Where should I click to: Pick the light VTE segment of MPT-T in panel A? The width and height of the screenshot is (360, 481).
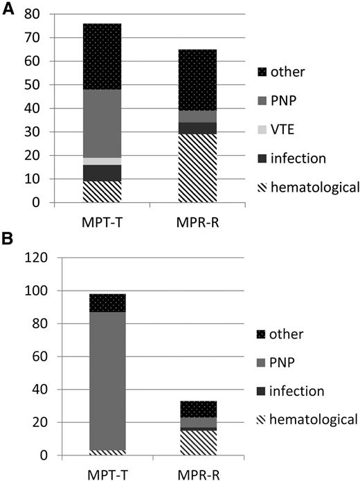[x=102, y=161]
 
